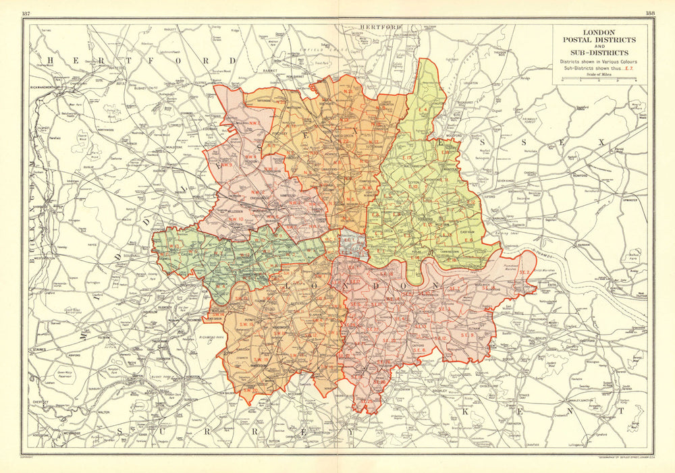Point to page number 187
[x=26, y=13]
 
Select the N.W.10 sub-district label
[x=236, y=219]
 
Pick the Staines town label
[x=38, y=350]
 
